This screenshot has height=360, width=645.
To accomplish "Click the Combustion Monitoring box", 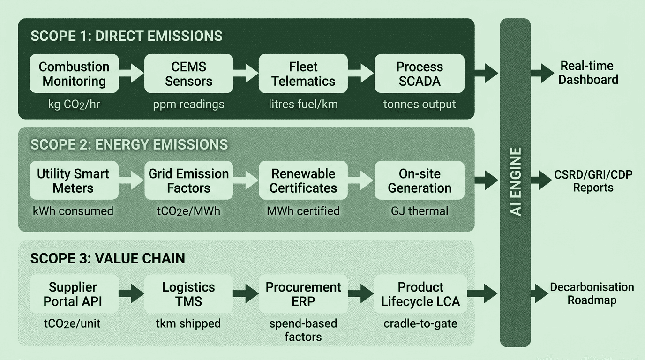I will pyautogui.click(x=74, y=74).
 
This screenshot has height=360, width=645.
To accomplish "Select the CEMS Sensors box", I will pyautogui.click(x=188, y=74).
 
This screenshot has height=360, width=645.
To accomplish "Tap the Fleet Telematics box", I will pyautogui.click(x=303, y=74).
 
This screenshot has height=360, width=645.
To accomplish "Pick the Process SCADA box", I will pyautogui.click(x=420, y=74).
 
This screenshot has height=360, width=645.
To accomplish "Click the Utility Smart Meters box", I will pyautogui.click(x=73, y=180).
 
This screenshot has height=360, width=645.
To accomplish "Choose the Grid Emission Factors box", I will pyautogui.click(x=188, y=180).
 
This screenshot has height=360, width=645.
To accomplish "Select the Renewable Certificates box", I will pyautogui.click(x=303, y=180).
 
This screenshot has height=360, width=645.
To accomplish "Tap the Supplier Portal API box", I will pyautogui.click(x=73, y=294).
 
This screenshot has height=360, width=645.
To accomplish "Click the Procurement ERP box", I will pyautogui.click(x=303, y=294).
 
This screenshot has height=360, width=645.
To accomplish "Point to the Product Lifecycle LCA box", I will pyautogui.click(x=420, y=294).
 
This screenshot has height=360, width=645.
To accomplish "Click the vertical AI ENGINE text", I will pyautogui.click(x=516, y=182).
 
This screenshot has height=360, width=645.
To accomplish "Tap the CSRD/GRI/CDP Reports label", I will pyautogui.click(x=593, y=181).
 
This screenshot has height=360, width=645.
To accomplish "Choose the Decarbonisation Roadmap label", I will pyautogui.click(x=592, y=293).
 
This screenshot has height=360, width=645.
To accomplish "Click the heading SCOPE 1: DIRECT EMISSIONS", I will pyautogui.click(x=126, y=37).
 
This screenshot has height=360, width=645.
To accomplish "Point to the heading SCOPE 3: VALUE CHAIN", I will pyautogui.click(x=107, y=258).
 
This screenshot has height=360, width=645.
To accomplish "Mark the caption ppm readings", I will pyautogui.click(x=188, y=104).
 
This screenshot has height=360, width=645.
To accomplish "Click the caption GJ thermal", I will pyautogui.click(x=420, y=211).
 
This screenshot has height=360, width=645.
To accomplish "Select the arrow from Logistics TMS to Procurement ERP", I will pyautogui.click(x=246, y=294).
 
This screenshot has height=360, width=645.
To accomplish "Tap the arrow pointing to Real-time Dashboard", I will pyautogui.click(x=541, y=73).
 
